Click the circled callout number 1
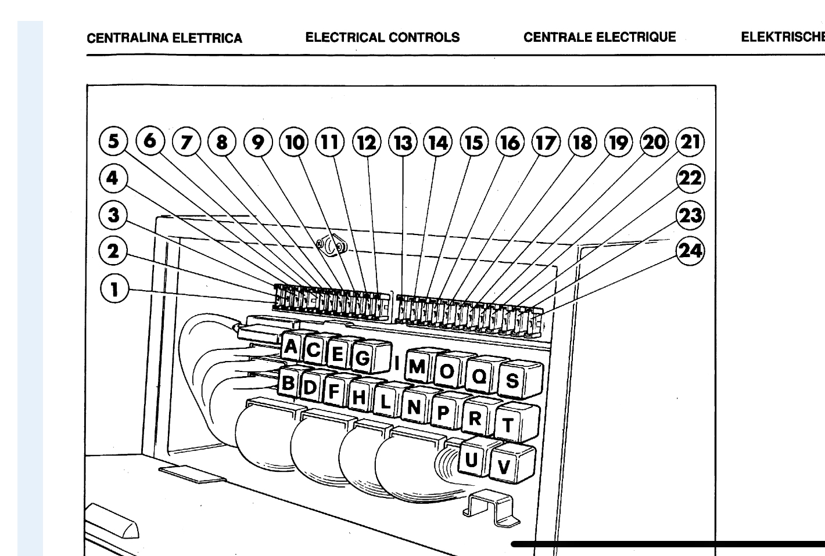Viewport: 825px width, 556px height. (x=114, y=289)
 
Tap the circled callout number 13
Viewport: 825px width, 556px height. (x=403, y=142)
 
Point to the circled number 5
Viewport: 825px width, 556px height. (x=113, y=142)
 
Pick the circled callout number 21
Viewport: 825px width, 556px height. (x=690, y=142)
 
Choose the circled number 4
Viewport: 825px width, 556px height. (x=113, y=178)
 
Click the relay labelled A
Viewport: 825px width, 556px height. (x=293, y=346)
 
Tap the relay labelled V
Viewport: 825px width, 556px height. (x=512, y=464)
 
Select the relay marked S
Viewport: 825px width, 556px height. (x=520, y=379)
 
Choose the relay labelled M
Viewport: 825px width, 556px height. (x=420, y=366)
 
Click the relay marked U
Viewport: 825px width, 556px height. (x=475, y=457)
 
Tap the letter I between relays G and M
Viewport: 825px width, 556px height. (x=397, y=363)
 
